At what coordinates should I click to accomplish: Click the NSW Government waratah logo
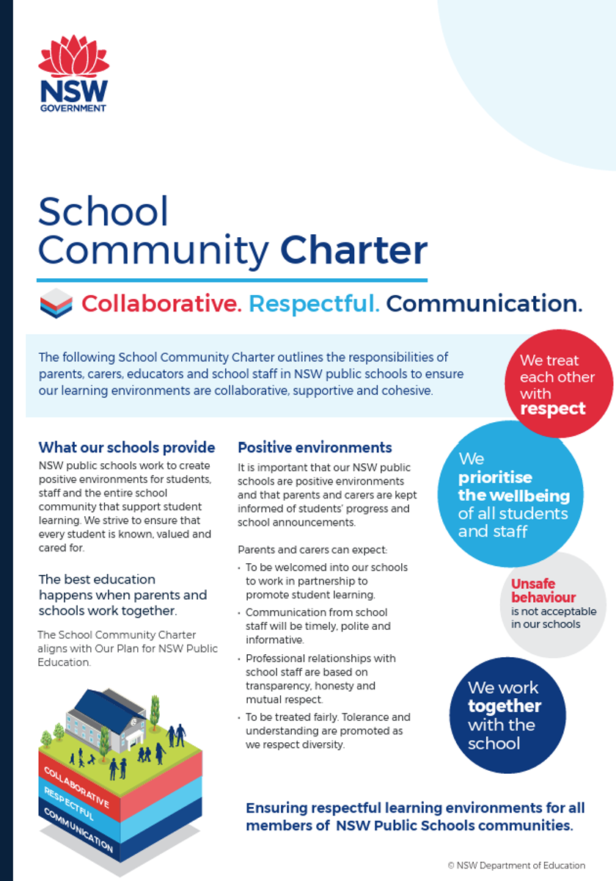(x=73, y=73)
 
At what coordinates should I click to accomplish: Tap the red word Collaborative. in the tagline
(x=161, y=303)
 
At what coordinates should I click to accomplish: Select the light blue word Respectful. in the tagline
(x=314, y=303)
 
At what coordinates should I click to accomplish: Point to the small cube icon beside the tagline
(x=56, y=303)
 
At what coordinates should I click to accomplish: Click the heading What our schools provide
(x=127, y=448)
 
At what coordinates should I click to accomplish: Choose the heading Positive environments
(x=315, y=448)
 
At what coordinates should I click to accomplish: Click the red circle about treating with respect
(x=559, y=383)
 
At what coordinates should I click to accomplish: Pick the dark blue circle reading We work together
(x=507, y=715)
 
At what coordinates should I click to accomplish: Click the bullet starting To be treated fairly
(x=328, y=731)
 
